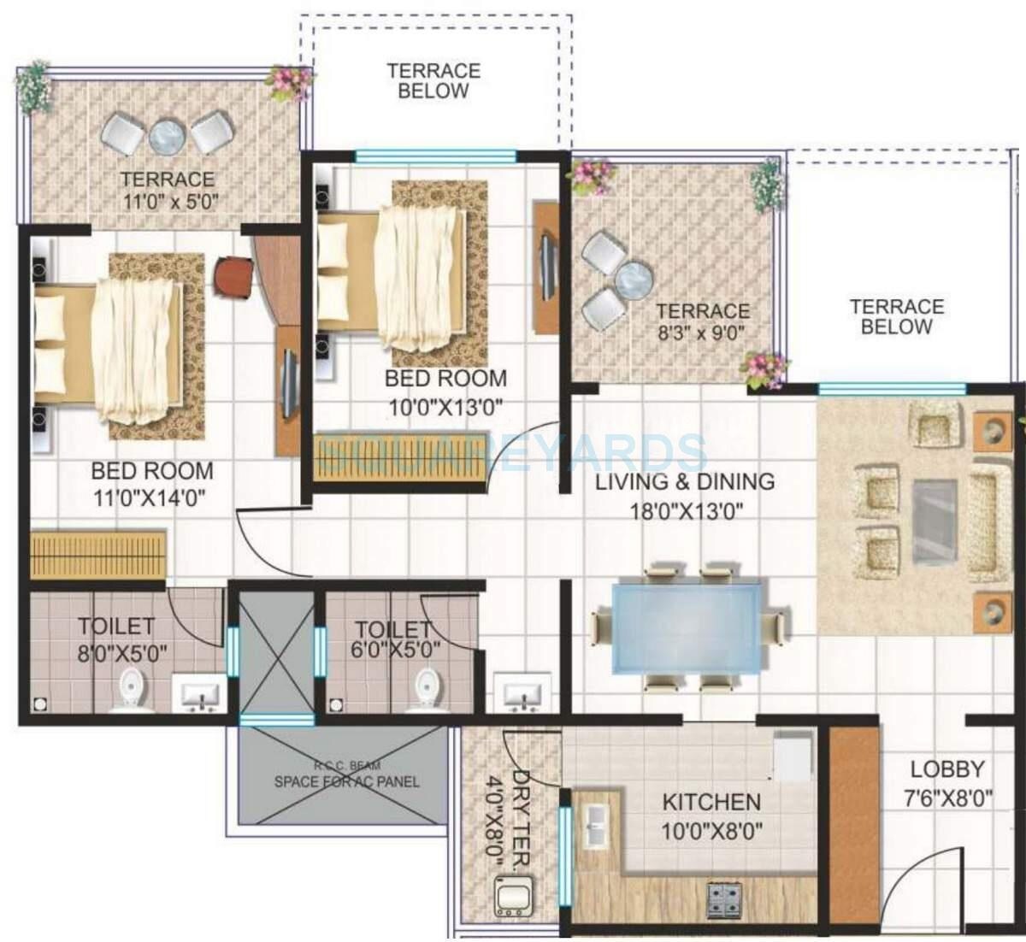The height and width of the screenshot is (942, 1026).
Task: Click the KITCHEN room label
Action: coord(711,802)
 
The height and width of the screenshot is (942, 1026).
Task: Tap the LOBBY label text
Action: coord(947,768)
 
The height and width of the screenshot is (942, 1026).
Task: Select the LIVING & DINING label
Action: coord(685,482)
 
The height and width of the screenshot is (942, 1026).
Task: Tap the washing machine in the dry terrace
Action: coord(513,897)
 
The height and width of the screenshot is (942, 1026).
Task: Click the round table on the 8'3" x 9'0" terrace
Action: coord(634,279)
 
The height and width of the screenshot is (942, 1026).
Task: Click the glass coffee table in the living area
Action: coord(934,521)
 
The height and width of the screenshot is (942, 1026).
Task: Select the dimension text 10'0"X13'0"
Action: coord(445,407)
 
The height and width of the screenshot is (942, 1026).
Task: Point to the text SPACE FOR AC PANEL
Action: coord(346,781)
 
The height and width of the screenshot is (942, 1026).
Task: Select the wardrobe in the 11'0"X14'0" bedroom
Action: coord(98,554)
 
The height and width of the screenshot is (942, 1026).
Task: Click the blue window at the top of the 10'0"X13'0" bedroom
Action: coord(435,156)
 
